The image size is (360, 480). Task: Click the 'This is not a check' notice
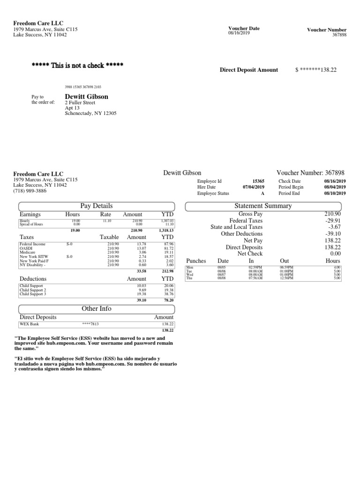[x=77, y=65]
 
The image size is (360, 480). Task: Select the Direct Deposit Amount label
[x=248, y=70]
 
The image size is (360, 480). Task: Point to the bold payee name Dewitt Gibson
[x=86, y=97]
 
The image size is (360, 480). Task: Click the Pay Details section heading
[x=97, y=206]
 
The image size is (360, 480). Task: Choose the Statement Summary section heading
[x=263, y=206]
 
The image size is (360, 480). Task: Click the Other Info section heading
[x=97, y=308]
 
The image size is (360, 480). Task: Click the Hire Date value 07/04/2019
[x=253, y=187]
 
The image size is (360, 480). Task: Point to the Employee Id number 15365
[x=258, y=181]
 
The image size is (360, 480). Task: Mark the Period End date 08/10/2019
[x=335, y=193]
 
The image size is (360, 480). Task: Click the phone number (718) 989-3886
[x=30, y=191]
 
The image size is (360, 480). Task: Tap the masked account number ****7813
[x=90, y=324]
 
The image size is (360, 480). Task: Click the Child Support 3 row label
[x=33, y=294]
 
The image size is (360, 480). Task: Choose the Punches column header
[x=196, y=261]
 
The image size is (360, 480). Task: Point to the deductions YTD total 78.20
[x=167, y=300]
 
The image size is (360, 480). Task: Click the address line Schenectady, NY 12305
[x=90, y=113]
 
